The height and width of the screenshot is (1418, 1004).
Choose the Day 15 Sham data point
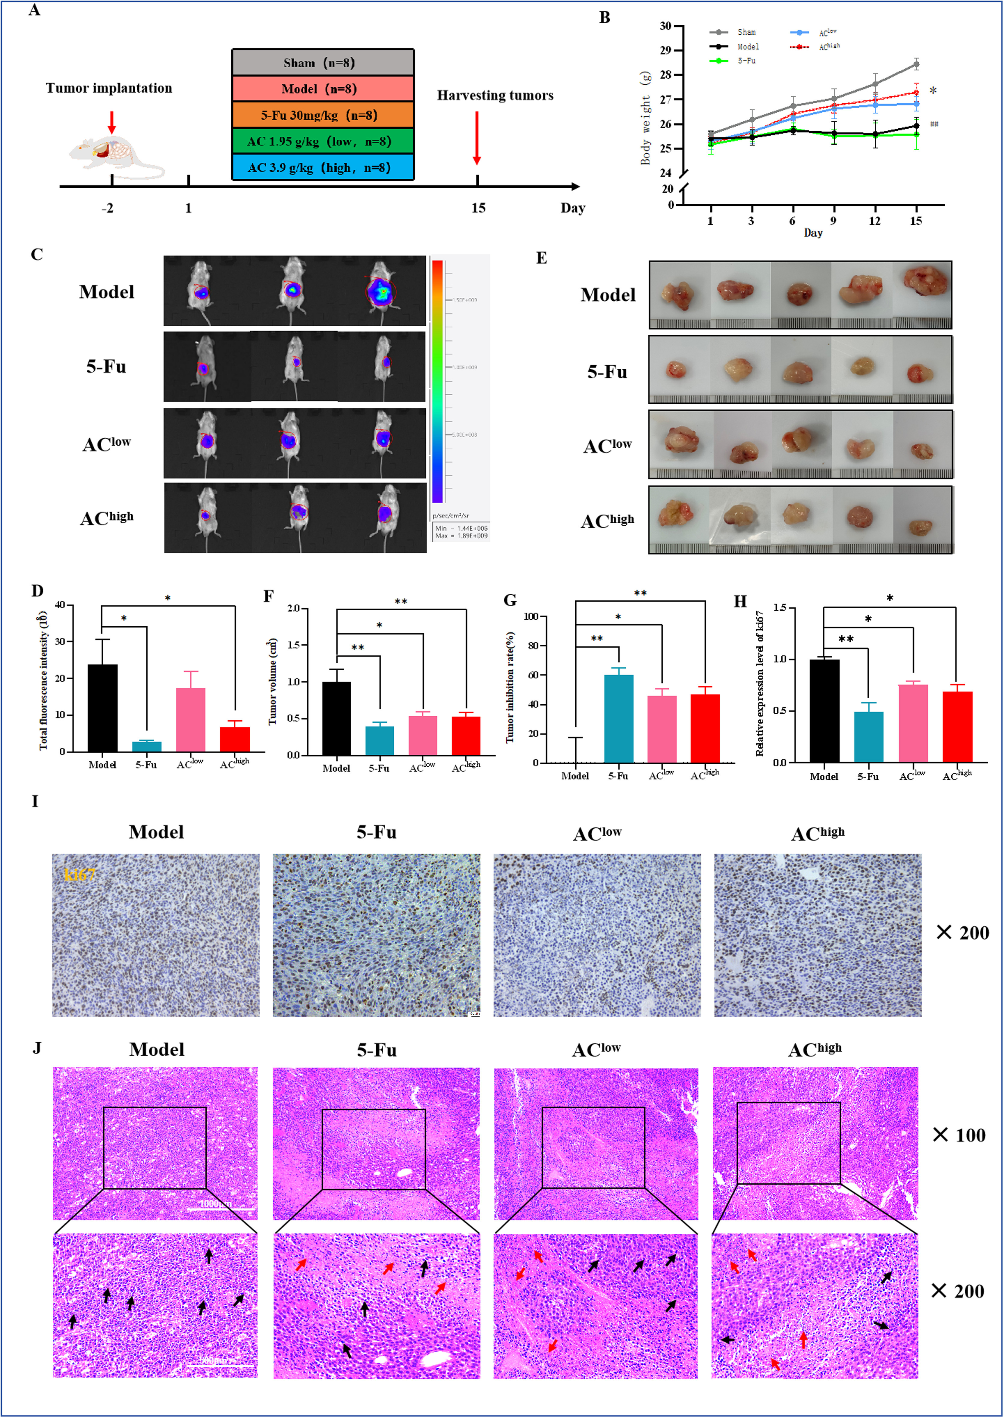[916, 64]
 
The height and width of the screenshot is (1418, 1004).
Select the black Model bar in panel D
[103, 708]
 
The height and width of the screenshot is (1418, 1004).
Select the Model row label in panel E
[608, 295]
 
